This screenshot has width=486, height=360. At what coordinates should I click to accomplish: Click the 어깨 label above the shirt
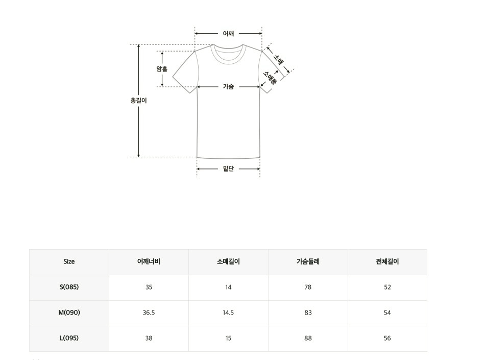coord(228,34)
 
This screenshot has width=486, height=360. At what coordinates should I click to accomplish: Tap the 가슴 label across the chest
coord(228,86)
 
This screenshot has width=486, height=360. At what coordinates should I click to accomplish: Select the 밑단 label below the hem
coord(228,169)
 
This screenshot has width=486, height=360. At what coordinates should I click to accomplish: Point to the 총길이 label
coord(138,101)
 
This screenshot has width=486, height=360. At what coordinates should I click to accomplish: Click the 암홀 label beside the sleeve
coord(162,69)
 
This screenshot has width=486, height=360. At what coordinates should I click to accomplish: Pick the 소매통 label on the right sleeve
coord(270,78)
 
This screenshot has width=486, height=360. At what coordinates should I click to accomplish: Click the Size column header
coord(69,261)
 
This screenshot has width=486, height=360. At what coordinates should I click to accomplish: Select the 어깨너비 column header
coord(149,261)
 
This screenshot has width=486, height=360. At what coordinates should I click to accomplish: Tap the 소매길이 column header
coord(228,261)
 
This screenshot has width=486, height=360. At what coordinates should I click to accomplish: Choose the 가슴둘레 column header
coord(308,261)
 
